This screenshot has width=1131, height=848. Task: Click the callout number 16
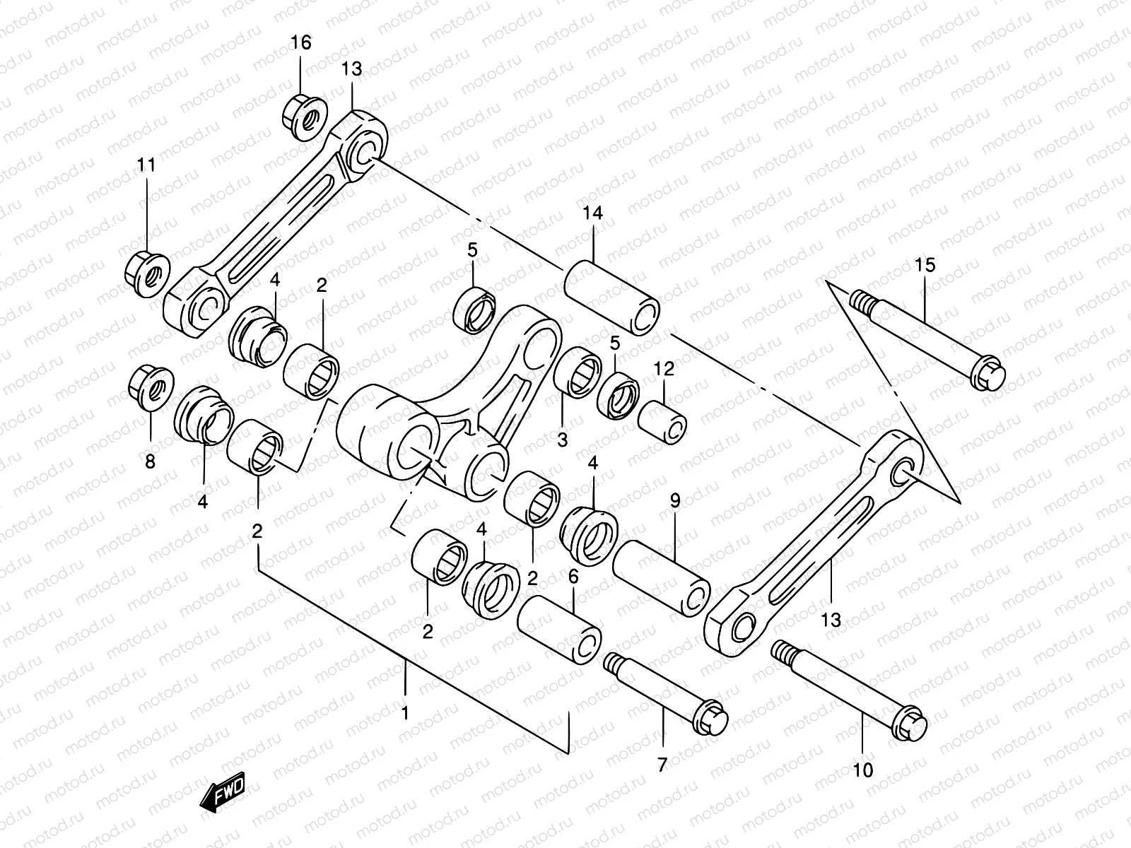[x=300, y=43]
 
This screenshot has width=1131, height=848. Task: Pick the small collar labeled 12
[x=662, y=423]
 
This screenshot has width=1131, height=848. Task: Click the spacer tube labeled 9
[x=662, y=576]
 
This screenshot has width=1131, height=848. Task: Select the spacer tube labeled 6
[x=560, y=628]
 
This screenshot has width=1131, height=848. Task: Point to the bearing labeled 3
[x=575, y=370]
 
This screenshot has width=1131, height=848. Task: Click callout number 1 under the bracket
[x=405, y=714]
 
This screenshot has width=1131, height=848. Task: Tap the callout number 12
[x=664, y=368]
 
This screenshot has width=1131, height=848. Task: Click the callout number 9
[x=674, y=501]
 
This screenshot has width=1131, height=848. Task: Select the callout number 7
[x=662, y=765]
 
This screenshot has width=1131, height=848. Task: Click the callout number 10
[x=864, y=770]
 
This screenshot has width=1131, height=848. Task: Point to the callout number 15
[x=925, y=265]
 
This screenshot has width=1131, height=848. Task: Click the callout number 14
[x=593, y=213]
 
